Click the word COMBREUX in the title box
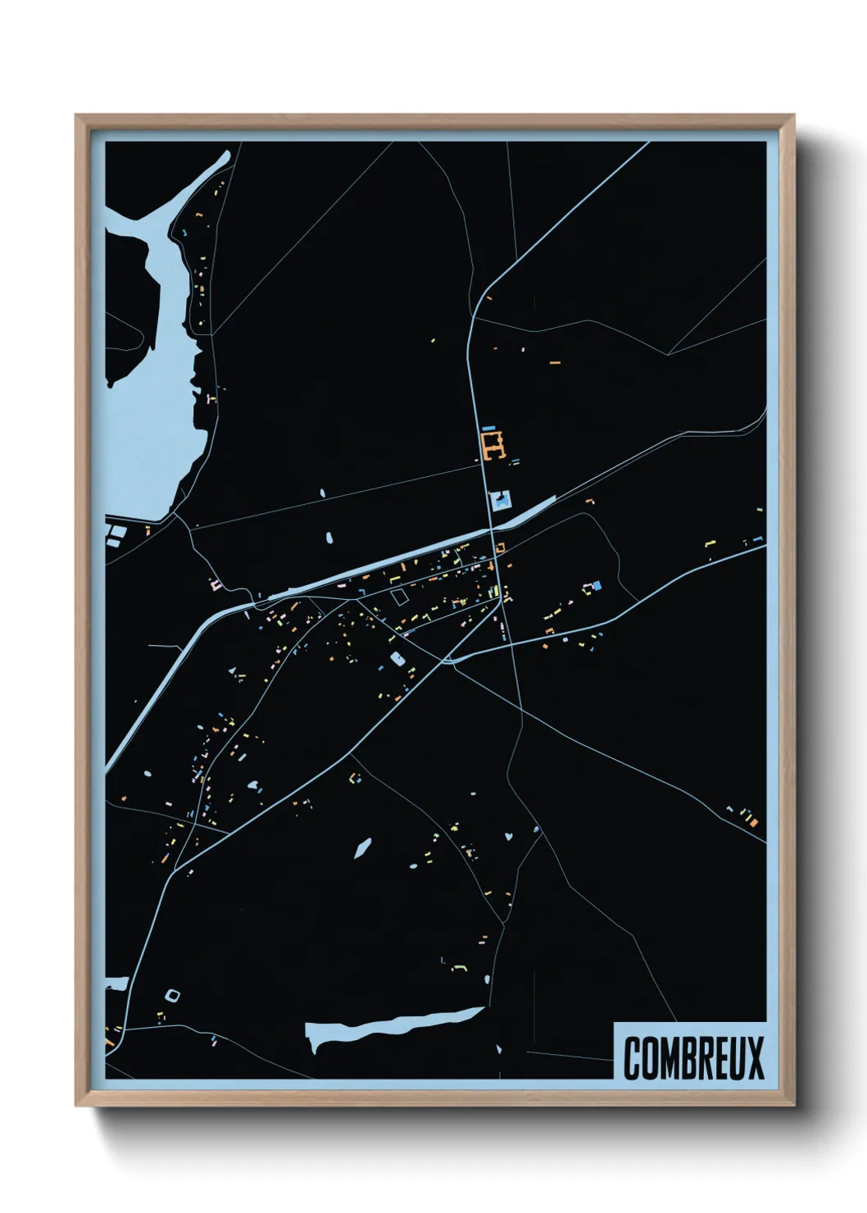click(x=693, y=1057)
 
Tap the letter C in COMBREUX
click(x=633, y=1057)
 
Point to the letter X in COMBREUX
click(x=755, y=1057)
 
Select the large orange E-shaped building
click(x=493, y=447)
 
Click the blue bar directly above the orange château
click(x=489, y=428)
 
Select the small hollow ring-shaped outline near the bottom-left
click(x=172, y=995)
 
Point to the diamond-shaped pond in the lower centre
click(x=361, y=847)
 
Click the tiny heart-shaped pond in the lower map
click(x=509, y=837)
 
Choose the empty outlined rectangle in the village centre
click(x=399, y=597)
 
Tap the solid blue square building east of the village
click(x=597, y=585)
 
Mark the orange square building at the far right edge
click(x=751, y=818)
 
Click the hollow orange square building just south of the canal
click(x=499, y=547)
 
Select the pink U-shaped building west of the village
click(x=216, y=584)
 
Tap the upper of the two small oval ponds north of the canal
click(x=321, y=493)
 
